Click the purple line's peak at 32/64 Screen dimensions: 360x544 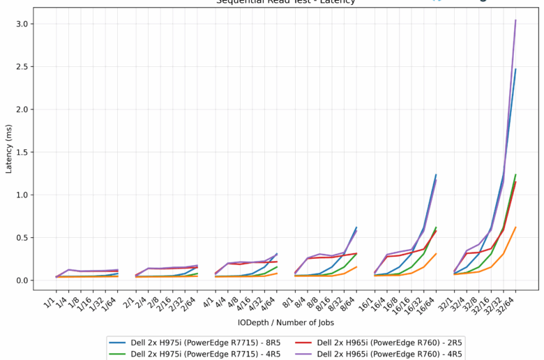tap(515, 20)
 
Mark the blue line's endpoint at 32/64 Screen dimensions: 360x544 tap(515, 69)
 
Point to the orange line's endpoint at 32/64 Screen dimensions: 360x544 tap(515, 227)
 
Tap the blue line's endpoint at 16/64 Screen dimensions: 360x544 tap(436, 174)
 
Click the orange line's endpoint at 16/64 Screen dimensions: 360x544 tap(436, 254)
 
